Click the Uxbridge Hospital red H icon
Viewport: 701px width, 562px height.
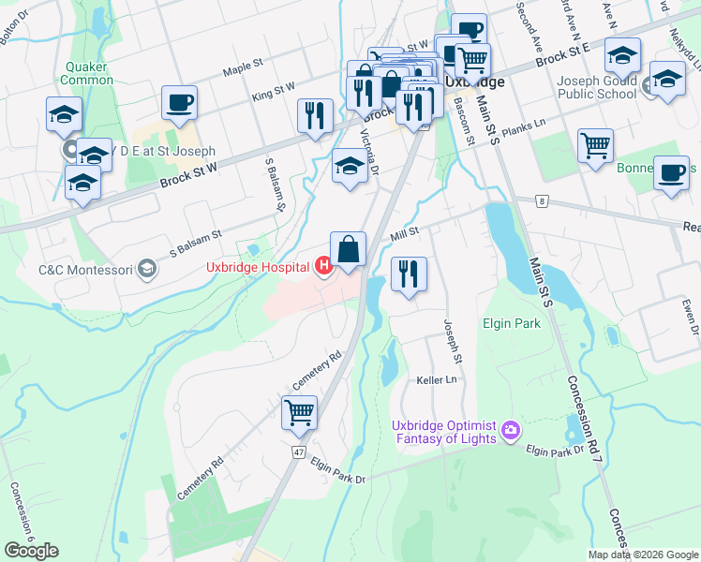324,268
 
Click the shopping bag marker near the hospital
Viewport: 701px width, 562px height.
348,250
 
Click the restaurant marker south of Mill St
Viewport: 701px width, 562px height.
408,274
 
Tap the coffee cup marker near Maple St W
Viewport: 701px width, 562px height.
179,103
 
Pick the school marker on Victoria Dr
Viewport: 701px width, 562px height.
350,167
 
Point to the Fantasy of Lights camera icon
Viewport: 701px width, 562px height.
511,431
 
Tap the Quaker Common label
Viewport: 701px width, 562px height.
87,73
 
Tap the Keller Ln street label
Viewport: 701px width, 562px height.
436,380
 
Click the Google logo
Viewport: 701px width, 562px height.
31,551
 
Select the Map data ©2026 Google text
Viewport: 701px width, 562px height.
642,555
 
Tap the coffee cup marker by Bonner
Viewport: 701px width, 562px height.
671,173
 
